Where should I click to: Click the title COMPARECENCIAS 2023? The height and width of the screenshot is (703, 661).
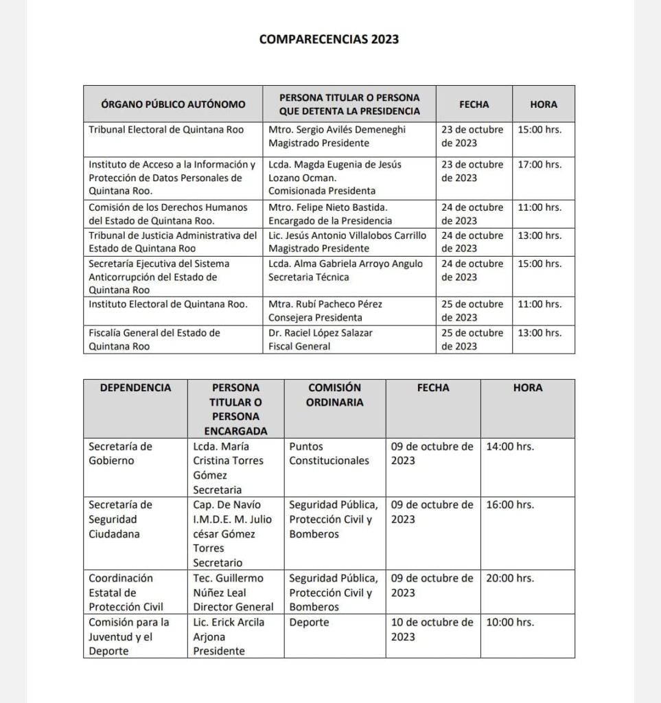(329, 39)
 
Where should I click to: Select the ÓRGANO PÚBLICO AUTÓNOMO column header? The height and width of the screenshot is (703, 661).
(173, 105)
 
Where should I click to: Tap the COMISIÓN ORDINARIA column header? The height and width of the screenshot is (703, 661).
(334, 395)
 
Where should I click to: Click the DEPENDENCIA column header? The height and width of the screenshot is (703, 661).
(135, 388)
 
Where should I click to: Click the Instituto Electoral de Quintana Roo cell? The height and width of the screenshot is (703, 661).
(168, 304)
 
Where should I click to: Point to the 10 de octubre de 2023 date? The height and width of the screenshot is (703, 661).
(432, 630)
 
